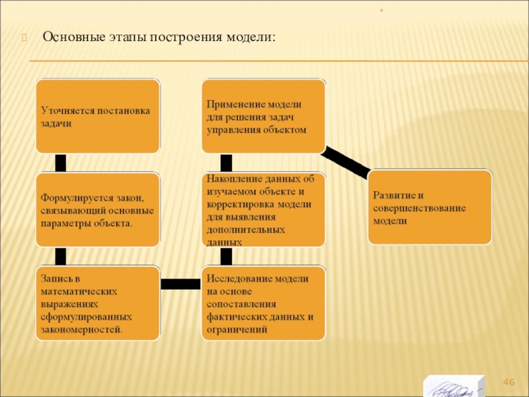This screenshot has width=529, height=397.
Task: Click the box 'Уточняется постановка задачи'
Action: tap(98, 116)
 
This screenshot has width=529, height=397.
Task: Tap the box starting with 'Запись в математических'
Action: tap(98, 303)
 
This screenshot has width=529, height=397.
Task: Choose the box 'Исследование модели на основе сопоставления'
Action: tap(263, 303)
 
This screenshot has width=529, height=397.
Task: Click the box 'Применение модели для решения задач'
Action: tap(263, 116)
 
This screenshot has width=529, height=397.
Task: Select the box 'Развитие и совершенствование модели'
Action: tap(430, 207)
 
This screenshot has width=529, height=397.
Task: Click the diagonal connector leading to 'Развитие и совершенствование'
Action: tap(348, 163)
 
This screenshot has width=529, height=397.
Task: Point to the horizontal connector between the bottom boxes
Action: tap(180, 284)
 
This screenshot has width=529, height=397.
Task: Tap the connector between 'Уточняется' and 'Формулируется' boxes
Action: tap(61, 163)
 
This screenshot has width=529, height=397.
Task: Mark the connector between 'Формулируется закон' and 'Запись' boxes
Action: tap(61, 257)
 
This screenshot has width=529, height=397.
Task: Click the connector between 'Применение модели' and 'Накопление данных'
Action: tap(226, 163)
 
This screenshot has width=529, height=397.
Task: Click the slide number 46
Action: tap(509, 382)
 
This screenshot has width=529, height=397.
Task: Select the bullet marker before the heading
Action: tap(25, 37)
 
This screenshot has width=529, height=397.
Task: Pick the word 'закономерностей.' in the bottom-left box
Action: tap(81, 328)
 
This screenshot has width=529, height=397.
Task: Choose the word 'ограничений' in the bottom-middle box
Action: tap(237, 328)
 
